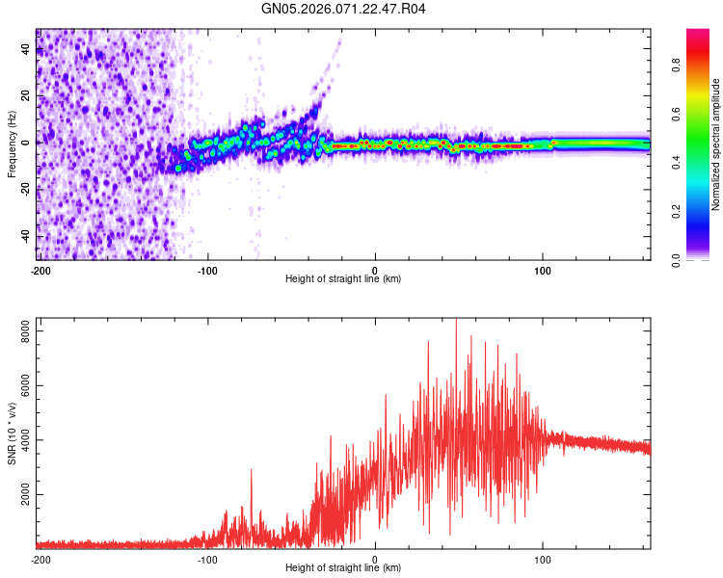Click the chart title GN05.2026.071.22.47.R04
(x=344, y=10)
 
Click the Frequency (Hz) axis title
(x=12, y=144)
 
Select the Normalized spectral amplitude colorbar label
(x=715, y=144)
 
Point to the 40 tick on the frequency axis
(x=27, y=49)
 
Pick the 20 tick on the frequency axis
(x=27, y=96)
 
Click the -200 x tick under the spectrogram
(x=40, y=269)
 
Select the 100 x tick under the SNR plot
(x=542, y=558)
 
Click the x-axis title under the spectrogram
(x=343, y=279)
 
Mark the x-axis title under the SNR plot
(x=343, y=568)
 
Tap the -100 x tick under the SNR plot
(x=207, y=558)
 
